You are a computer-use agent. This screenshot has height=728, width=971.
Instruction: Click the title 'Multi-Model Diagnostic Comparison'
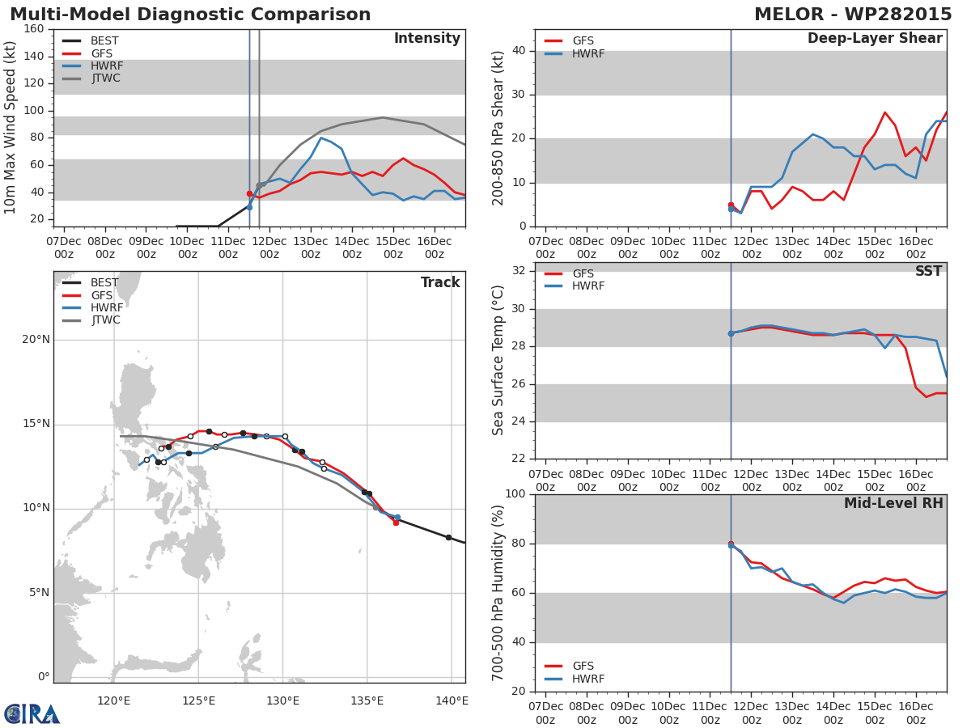(190, 15)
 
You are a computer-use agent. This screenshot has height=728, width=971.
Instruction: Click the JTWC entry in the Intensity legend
(105, 78)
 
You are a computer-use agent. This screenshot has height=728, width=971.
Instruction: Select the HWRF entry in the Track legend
(107, 308)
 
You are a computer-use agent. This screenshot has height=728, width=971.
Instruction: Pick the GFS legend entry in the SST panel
(583, 274)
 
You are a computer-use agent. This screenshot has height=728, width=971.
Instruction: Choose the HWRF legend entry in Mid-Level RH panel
(588, 679)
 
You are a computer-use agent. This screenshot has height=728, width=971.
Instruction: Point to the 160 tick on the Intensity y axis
(34, 29)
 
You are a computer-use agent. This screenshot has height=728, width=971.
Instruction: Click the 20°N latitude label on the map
(36, 340)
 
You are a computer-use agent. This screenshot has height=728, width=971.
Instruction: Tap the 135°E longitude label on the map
(367, 700)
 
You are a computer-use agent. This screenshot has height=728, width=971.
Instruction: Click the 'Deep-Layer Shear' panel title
(875, 39)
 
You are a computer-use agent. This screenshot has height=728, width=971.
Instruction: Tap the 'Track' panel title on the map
(440, 283)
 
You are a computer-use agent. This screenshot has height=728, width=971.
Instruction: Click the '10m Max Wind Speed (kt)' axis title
(11, 128)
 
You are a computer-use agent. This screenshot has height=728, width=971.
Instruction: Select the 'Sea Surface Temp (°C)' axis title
(498, 361)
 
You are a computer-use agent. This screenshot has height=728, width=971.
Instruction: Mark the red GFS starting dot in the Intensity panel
(249, 194)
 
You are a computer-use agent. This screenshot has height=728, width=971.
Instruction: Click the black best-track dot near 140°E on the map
(448, 537)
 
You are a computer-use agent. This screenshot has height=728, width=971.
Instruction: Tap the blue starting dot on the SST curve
(731, 333)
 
